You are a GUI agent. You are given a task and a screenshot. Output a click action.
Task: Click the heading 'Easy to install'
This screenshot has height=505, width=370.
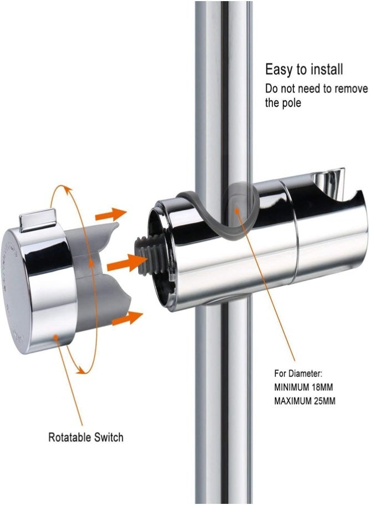[x=304, y=69]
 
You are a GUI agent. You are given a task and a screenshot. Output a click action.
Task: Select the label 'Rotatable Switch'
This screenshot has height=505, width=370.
[x=85, y=437]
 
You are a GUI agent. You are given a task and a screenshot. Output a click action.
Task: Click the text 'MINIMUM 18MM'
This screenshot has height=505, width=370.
[x=303, y=387]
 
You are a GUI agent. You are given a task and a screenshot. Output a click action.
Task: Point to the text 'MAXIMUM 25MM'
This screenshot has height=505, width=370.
[x=305, y=401]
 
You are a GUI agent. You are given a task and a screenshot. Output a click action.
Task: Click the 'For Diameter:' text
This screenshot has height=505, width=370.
[x=298, y=373]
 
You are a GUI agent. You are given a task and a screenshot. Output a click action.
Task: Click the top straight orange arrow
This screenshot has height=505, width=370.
[x=111, y=214]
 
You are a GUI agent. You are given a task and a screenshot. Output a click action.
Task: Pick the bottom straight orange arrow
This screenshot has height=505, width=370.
[x=127, y=318]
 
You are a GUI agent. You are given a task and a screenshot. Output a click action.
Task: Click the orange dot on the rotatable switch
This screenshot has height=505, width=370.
[x=56, y=338]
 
